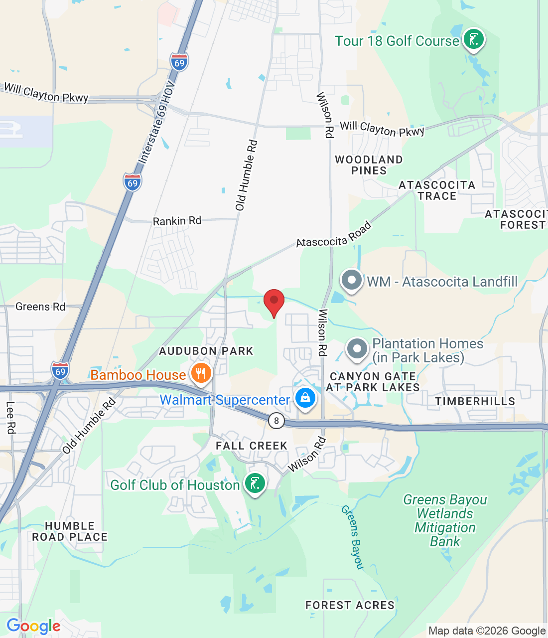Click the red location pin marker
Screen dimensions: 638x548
(274, 302)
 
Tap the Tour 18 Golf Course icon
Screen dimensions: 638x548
(473, 39)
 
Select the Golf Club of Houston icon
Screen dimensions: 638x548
(255, 483)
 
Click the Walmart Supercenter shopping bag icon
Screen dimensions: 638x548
(305, 399)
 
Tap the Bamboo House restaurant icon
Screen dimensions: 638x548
(201, 374)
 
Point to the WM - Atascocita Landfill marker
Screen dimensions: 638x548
(352, 281)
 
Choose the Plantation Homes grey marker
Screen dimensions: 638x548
(357, 349)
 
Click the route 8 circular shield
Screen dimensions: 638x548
(276, 420)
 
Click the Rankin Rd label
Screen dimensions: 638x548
(177, 221)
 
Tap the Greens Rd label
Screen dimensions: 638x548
(40, 307)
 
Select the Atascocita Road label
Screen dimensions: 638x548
(334, 235)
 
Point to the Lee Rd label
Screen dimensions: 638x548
(10, 417)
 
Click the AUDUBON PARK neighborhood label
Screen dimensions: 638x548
(206, 351)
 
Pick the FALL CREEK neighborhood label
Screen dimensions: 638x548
(252, 446)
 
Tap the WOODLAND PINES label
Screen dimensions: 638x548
(369, 165)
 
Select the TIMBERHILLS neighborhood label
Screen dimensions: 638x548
(475, 401)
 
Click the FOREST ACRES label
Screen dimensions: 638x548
(350, 605)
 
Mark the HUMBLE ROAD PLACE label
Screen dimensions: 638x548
(70, 531)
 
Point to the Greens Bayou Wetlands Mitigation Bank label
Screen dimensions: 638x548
(445, 520)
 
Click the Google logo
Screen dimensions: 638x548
(33, 626)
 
